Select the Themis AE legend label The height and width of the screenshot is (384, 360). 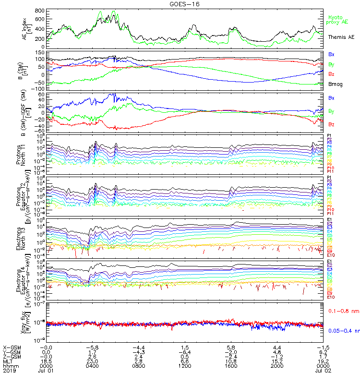341,37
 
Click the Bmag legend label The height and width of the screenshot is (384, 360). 335,84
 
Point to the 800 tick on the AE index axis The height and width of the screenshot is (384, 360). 39,11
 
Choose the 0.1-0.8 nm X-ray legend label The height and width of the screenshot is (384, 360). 340,311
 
